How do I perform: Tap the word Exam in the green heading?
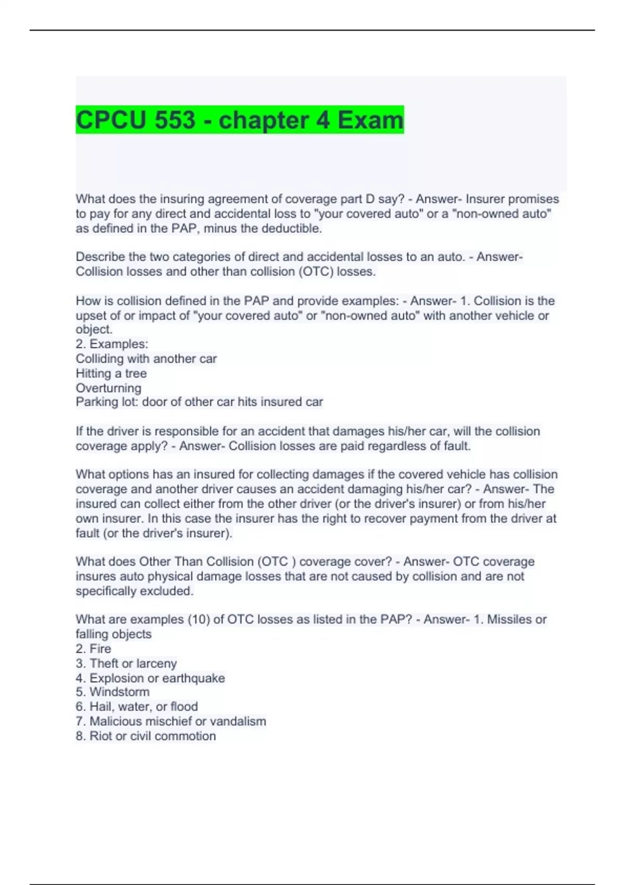tap(370, 120)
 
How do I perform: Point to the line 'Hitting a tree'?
tap(111, 373)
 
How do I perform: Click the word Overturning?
tap(108, 388)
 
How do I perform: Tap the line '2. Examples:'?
tap(112, 344)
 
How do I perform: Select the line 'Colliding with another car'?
tap(146, 359)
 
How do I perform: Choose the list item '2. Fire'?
tap(93, 649)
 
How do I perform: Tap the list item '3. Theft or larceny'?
tap(126, 663)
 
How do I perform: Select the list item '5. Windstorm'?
tap(113, 692)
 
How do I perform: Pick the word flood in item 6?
tap(184, 706)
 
